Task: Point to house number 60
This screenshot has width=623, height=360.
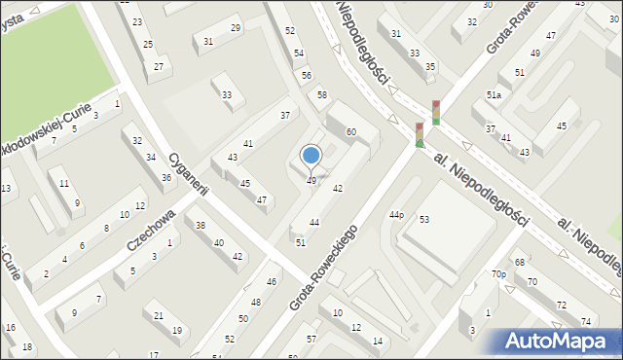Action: [350, 131]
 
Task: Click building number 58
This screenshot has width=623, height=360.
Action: [321, 94]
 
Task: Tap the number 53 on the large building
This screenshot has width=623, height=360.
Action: [424, 219]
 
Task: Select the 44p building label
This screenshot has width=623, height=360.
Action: [396, 214]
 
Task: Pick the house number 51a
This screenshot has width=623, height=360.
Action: [494, 95]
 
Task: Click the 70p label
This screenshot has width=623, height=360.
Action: [498, 274]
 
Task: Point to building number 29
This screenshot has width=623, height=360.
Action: [236, 28]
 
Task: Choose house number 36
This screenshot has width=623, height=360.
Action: [166, 177]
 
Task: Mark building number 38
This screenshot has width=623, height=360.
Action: [201, 225]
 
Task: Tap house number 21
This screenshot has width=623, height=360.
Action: [159, 315]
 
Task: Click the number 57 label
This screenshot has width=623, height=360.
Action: [311, 339]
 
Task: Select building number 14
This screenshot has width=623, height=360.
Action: [377, 341]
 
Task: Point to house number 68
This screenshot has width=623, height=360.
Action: [520, 263]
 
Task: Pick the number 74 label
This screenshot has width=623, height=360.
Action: [586, 322]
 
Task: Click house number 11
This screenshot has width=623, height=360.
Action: [64, 183]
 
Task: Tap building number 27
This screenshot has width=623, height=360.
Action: [158, 66]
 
